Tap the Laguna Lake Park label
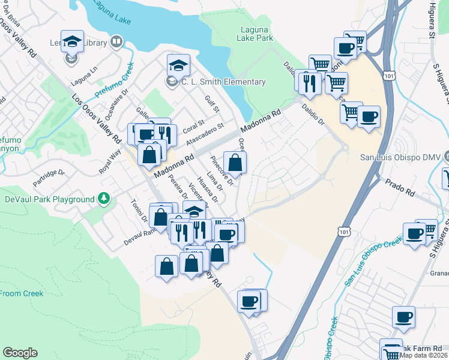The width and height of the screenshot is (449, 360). (x=257, y=34)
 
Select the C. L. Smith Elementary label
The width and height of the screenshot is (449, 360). (x=223, y=82)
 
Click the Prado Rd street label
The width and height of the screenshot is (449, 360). (x=402, y=187)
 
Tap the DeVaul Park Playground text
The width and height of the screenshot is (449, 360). (x=50, y=199)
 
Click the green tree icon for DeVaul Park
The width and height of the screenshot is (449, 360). (x=104, y=198)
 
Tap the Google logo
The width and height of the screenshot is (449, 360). (x=20, y=353)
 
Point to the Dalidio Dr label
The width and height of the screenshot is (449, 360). (x=313, y=115)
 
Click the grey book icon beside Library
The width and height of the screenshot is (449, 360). (x=116, y=43)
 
